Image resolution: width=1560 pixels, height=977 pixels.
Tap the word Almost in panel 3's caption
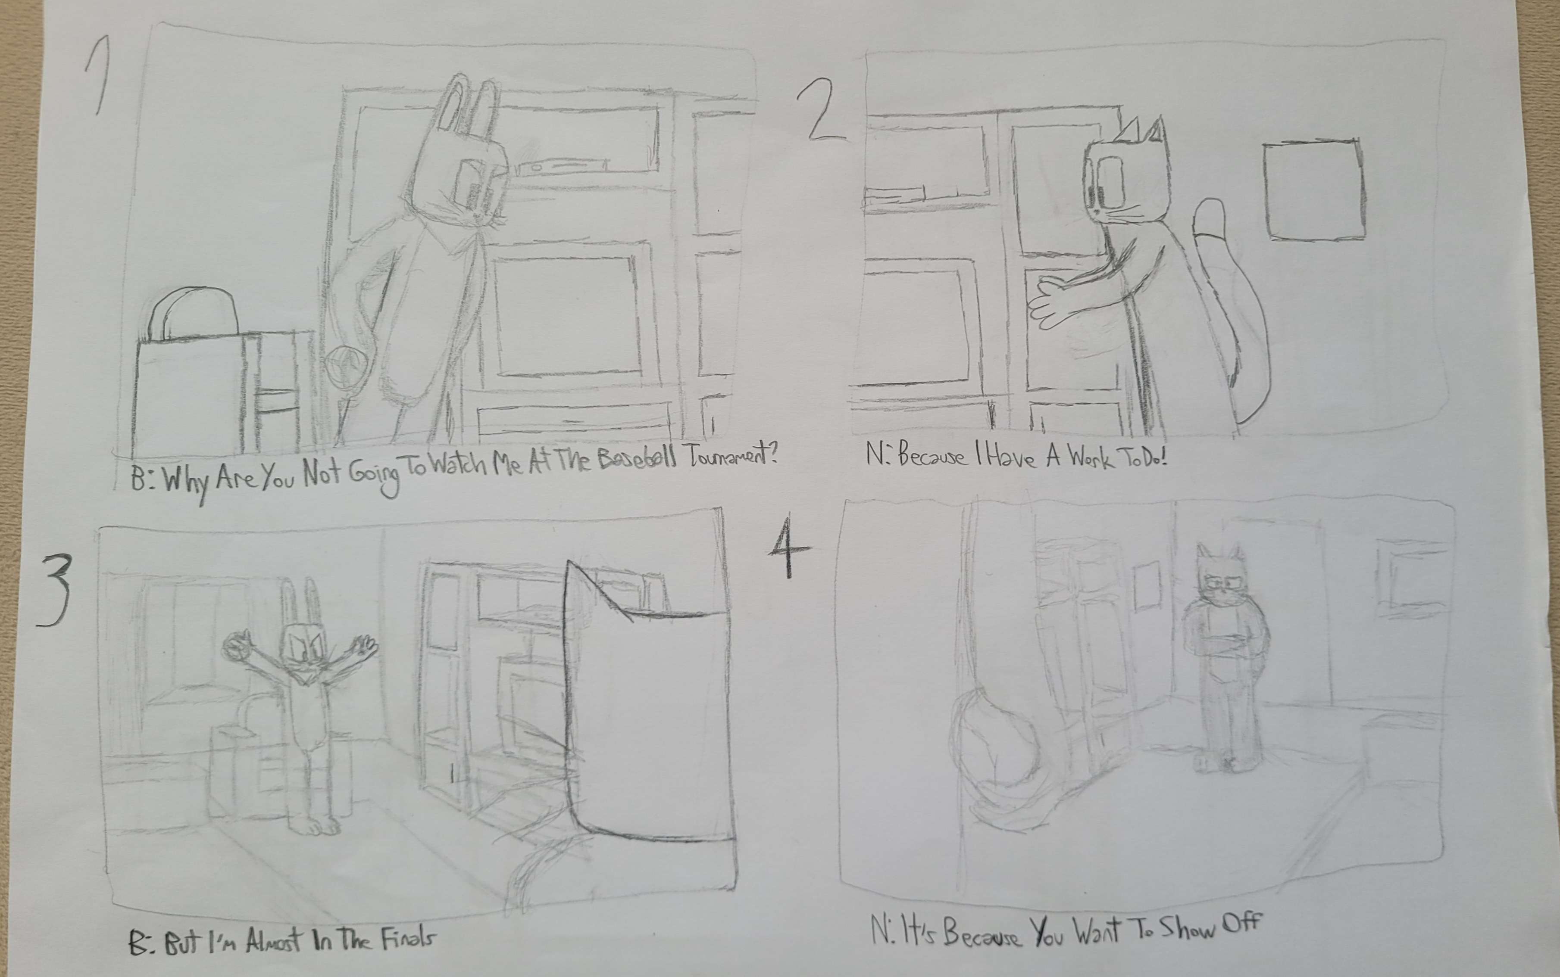[x=273, y=942]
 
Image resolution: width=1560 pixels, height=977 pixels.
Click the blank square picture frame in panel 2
[x=1314, y=190]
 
